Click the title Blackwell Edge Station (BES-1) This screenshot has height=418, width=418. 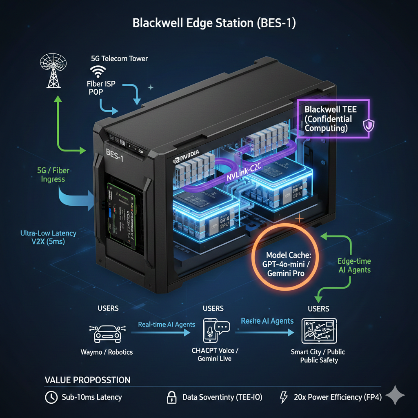click(214, 23)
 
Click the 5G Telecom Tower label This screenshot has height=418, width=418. click(119, 58)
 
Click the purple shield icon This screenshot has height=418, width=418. click(369, 125)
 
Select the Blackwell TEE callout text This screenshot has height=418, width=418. click(328, 119)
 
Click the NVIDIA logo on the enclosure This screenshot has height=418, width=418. click(186, 155)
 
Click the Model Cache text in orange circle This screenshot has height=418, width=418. click(287, 264)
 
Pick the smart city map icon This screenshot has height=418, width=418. click(318, 331)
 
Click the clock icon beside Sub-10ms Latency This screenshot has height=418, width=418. click(51, 397)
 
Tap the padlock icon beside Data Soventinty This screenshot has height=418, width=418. click(171, 397)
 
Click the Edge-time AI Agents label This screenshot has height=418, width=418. click(354, 265)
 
